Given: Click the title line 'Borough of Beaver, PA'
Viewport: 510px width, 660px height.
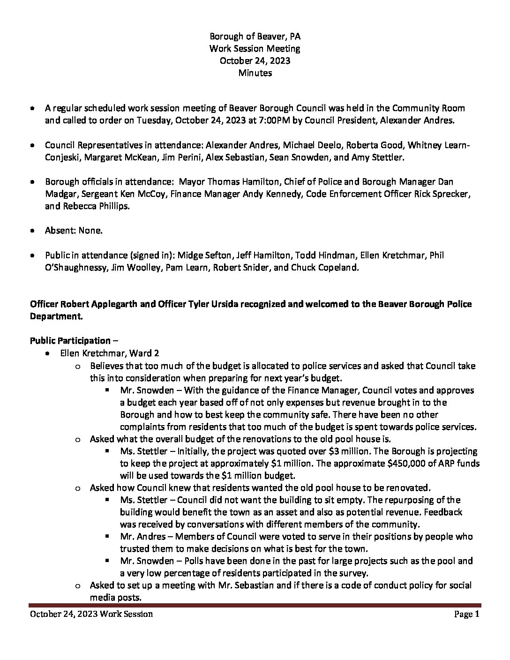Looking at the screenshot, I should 255,36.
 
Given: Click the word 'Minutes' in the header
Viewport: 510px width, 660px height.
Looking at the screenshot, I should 255,73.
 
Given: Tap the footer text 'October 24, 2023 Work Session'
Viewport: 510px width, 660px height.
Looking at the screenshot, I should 91,614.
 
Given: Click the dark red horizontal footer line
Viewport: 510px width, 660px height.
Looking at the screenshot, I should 255,605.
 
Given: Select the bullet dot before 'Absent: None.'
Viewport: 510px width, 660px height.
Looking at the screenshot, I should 32,231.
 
